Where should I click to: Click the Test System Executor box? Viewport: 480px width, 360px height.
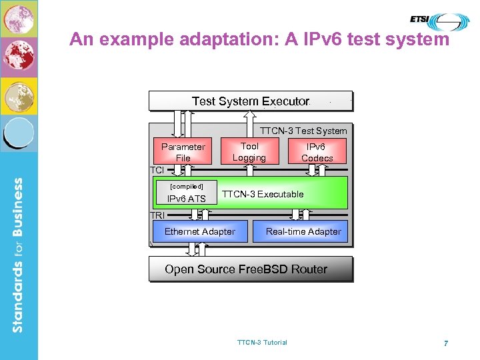point(250,101)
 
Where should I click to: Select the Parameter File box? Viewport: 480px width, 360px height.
point(183,152)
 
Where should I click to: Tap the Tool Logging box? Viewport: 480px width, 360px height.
point(249,151)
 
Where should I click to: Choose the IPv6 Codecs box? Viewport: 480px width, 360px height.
point(317,152)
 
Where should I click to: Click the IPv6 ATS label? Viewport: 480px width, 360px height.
point(186,199)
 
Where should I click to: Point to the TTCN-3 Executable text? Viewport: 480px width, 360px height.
point(263,194)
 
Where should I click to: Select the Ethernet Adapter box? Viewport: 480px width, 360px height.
point(200,231)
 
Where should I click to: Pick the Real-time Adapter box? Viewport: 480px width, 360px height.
point(303,231)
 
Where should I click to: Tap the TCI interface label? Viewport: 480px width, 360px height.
point(157,171)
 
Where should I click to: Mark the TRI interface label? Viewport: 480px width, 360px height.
point(158,215)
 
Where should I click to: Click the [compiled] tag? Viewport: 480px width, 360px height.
point(187,186)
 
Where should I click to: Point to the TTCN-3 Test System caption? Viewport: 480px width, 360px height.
point(303,131)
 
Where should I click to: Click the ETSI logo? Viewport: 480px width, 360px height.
point(438,20)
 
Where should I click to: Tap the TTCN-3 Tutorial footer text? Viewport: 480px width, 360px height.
point(262,342)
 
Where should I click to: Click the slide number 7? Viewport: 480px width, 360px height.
point(445,343)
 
